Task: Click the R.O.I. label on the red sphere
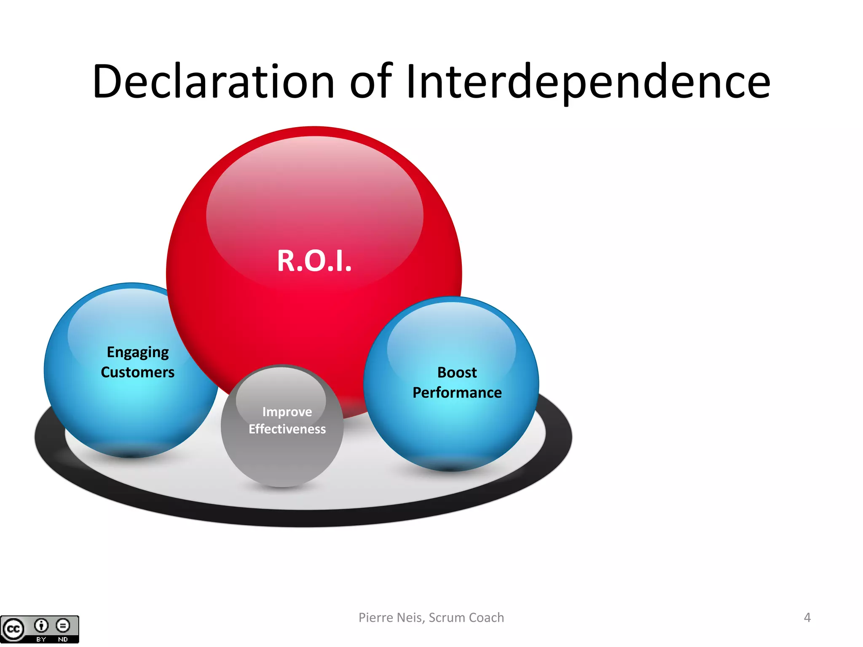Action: click(314, 261)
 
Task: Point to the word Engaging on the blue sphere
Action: click(138, 352)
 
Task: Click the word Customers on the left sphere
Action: click(137, 372)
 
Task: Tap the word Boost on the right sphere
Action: click(457, 372)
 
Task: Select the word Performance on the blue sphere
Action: click(457, 393)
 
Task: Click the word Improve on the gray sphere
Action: click(287, 412)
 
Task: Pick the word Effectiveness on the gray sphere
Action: click(287, 429)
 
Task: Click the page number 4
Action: click(807, 618)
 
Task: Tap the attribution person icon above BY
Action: click(41, 626)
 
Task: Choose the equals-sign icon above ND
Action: click(63, 626)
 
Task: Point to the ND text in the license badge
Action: click(63, 639)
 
